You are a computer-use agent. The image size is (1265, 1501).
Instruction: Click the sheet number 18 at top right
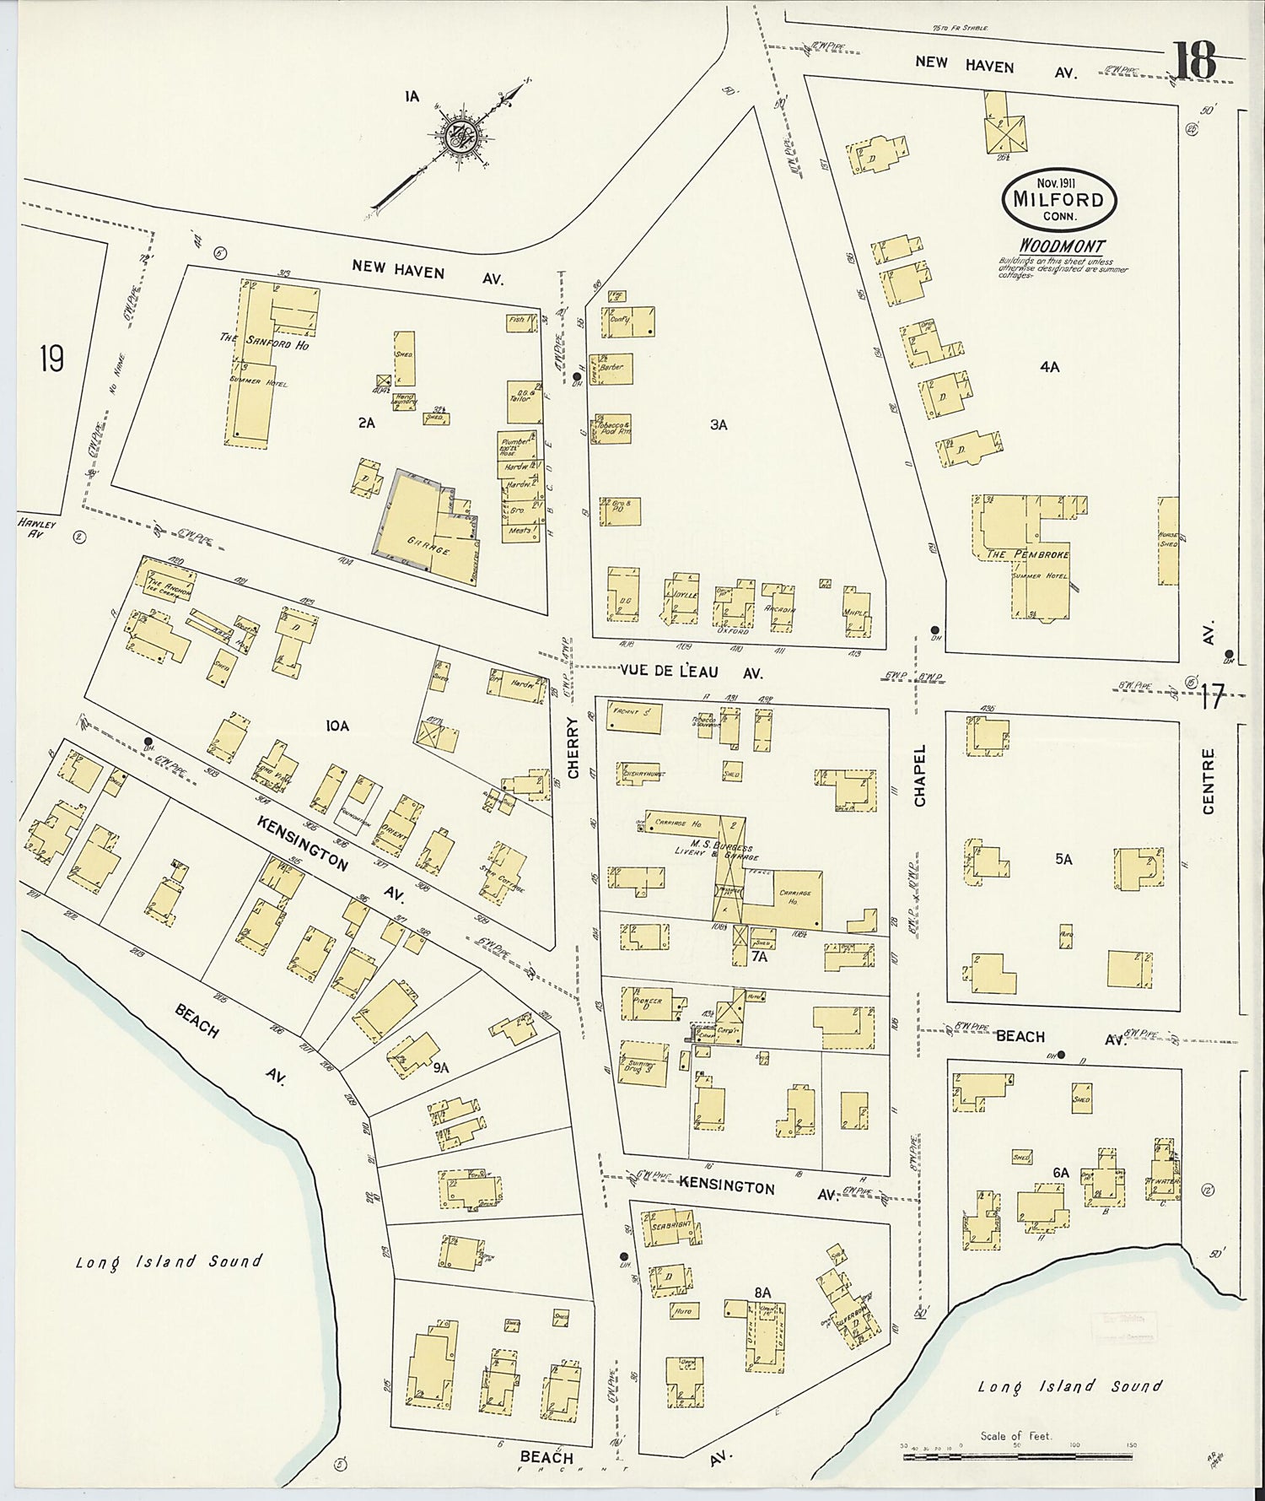point(1192,58)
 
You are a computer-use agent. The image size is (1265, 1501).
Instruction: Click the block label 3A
point(718,425)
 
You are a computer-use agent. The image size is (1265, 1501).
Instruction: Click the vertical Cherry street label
point(573,748)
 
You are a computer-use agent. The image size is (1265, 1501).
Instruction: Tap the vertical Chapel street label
point(919,775)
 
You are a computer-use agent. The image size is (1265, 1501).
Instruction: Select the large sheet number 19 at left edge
point(51,360)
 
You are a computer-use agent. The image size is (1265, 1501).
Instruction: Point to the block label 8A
point(762,1291)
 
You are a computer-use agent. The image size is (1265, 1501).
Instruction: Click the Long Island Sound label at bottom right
point(1069,1386)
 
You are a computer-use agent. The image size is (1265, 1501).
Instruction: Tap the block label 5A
point(1063,859)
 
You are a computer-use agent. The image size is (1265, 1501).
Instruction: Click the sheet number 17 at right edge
point(1212,699)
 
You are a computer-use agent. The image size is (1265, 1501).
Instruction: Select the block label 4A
point(1049,367)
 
